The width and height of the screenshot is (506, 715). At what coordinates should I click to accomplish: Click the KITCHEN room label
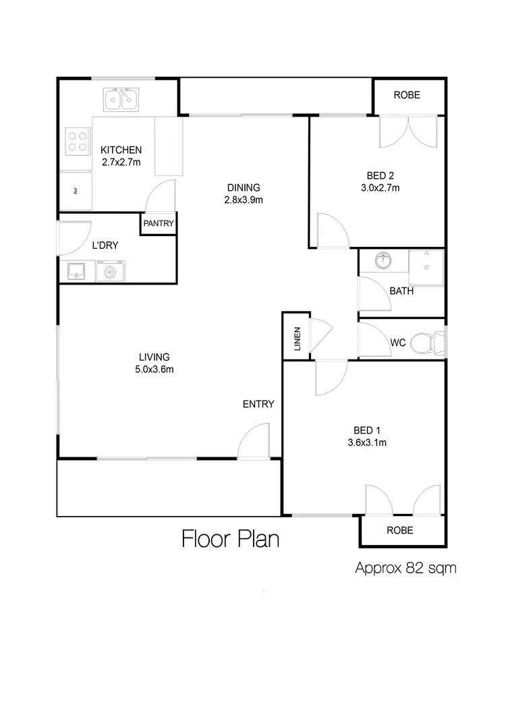coord(121,150)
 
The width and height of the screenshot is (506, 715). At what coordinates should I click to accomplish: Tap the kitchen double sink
coord(121,101)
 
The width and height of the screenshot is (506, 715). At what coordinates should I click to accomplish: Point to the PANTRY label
coord(159,223)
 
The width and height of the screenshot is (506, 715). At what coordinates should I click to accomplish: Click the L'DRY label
coord(105,246)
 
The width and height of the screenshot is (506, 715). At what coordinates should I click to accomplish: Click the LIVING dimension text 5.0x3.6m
coord(154,369)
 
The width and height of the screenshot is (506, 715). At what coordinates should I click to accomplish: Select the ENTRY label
coord(258,404)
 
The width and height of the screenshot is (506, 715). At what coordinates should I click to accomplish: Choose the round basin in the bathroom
coord(384,260)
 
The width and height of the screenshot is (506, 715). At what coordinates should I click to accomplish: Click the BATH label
coord(401,291)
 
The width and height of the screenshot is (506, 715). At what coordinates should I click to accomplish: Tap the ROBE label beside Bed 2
coord(407,95)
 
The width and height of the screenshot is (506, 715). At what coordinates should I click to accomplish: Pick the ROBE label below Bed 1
coord(399,530)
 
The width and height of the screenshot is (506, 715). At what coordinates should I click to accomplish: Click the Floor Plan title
coord(230,540)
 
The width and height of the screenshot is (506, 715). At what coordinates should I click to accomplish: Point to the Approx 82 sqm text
coord(405,568)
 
